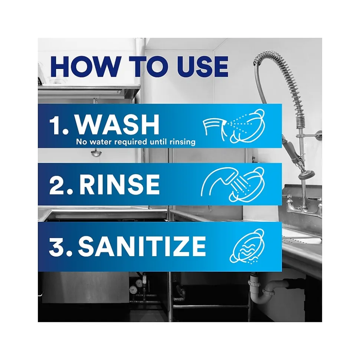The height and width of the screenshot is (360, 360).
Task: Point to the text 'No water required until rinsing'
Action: [x=135, y=142]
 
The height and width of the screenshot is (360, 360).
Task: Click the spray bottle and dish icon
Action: [x=234, y=126]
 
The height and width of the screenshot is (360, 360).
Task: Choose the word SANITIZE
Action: [x=141, y=246]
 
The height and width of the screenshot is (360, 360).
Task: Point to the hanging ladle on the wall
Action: [x=96, y=152]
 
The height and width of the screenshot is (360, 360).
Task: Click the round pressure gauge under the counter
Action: [x=132, y=290]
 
